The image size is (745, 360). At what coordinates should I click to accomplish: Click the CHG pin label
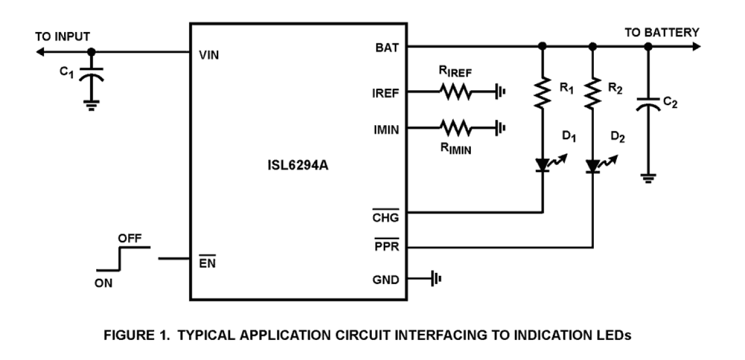(x=386, y=217)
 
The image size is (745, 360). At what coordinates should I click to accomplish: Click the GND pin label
(x=386, y=279)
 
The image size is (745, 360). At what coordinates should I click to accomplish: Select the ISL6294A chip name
(x=298, y=167)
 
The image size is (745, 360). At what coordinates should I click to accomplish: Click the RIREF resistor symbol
(x=454, y=93)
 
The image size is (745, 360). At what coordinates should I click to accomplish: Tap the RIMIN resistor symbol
(x=454, y=128)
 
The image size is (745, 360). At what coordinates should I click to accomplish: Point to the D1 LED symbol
(x=543, y=164)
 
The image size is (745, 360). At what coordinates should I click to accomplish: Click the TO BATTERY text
(x=662, y=33)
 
